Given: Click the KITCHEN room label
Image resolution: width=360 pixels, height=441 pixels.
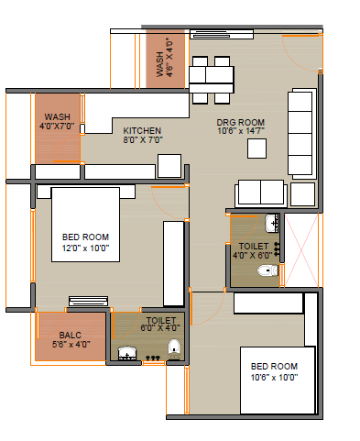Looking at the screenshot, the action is [x=142, y=131].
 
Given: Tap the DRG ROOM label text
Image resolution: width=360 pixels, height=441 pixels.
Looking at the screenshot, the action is [x=241, y=123].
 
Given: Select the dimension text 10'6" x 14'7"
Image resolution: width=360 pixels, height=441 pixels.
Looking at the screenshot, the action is [x=241, y=131].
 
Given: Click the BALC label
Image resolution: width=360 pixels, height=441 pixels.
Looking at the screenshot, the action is [x=71, y=336].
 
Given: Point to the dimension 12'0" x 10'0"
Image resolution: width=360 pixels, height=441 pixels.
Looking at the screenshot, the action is [x=85, y=248].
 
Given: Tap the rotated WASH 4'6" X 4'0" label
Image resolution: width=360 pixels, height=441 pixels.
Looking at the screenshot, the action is [x=165, y=58].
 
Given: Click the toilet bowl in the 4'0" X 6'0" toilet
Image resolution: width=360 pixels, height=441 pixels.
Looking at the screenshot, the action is [x=267, y=270].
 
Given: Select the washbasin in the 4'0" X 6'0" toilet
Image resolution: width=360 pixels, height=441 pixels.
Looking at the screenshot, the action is [x=271, y=223].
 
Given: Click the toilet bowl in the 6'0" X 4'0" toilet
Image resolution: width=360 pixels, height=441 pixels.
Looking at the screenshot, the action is [x=174, y=349].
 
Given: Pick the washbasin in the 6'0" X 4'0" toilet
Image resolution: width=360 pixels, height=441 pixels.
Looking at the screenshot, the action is [x=126, y=353].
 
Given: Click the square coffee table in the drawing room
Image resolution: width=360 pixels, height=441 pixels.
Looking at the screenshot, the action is [x=256, y=149].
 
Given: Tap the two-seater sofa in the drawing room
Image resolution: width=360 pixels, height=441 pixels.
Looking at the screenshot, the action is [x=261, y=193].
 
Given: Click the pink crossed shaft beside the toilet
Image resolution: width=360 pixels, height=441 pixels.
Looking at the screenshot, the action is [x=301, y=250].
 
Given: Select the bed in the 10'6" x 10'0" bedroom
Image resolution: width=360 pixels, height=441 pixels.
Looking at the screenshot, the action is [x=278, y=380].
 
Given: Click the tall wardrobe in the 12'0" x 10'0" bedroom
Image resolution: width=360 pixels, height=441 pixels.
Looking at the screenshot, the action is [x=173, y=263].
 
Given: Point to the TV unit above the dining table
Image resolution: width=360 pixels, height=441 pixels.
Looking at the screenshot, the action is [x=222, y=34].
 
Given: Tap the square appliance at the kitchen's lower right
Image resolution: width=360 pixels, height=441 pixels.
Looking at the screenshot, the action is [x=169, y=166].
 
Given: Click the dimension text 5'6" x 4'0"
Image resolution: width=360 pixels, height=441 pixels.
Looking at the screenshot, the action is [x=71, y=345].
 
